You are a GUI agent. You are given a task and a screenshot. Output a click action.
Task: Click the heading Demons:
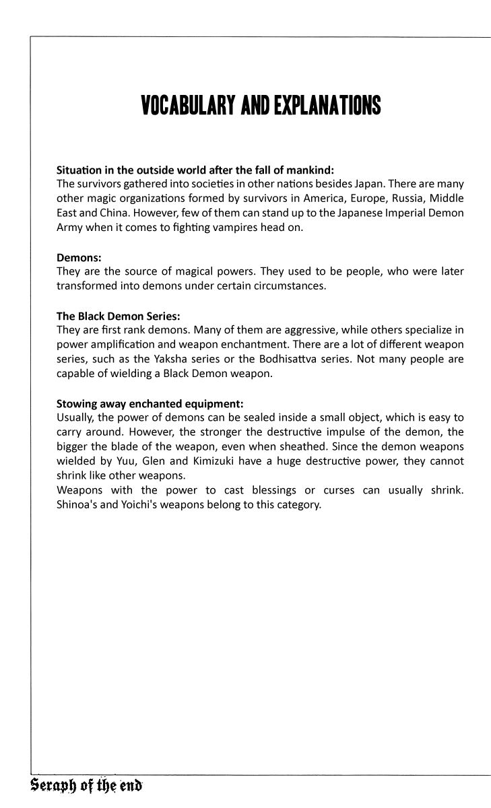click(x=79, y=257)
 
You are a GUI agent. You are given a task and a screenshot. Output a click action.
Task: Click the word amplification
click(x=117, y=344)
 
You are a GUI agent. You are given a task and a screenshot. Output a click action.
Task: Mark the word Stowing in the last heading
click(x=77, y=403)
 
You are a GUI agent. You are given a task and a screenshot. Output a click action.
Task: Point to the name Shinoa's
click(x=77, y=504)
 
